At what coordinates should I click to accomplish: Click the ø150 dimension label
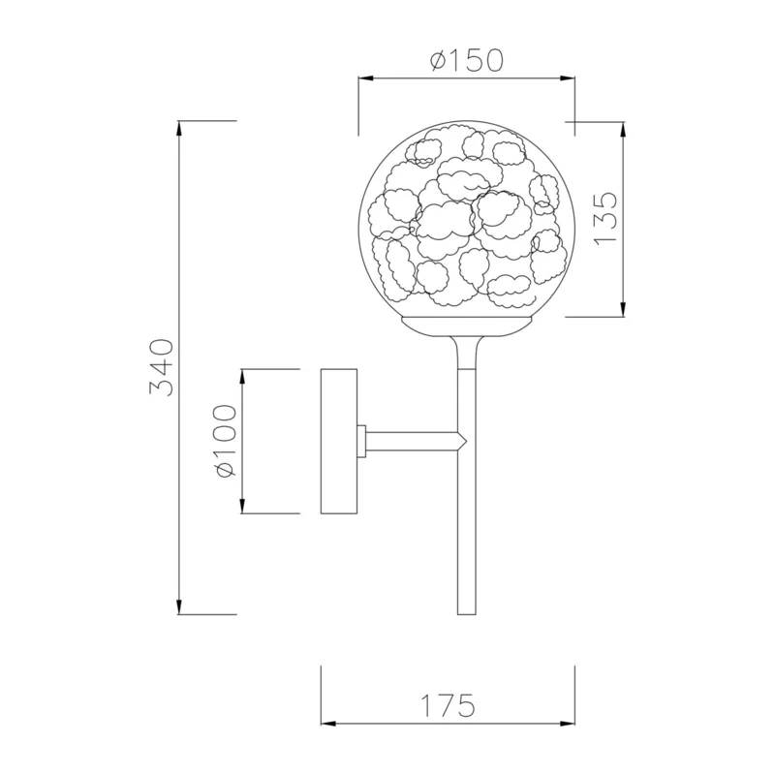[x=467, y=60]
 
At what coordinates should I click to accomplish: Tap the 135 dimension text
[x=606, y=218]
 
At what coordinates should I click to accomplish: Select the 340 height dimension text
[x=161, y=368]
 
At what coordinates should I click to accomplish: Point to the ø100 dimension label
[x=225, y=441]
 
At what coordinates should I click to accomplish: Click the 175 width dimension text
[x=448, y=705]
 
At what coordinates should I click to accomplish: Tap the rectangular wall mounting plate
[x=339, y=441]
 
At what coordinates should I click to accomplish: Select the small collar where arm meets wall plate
[x=361, y=442]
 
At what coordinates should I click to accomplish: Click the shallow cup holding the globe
[x=467, y=326]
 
